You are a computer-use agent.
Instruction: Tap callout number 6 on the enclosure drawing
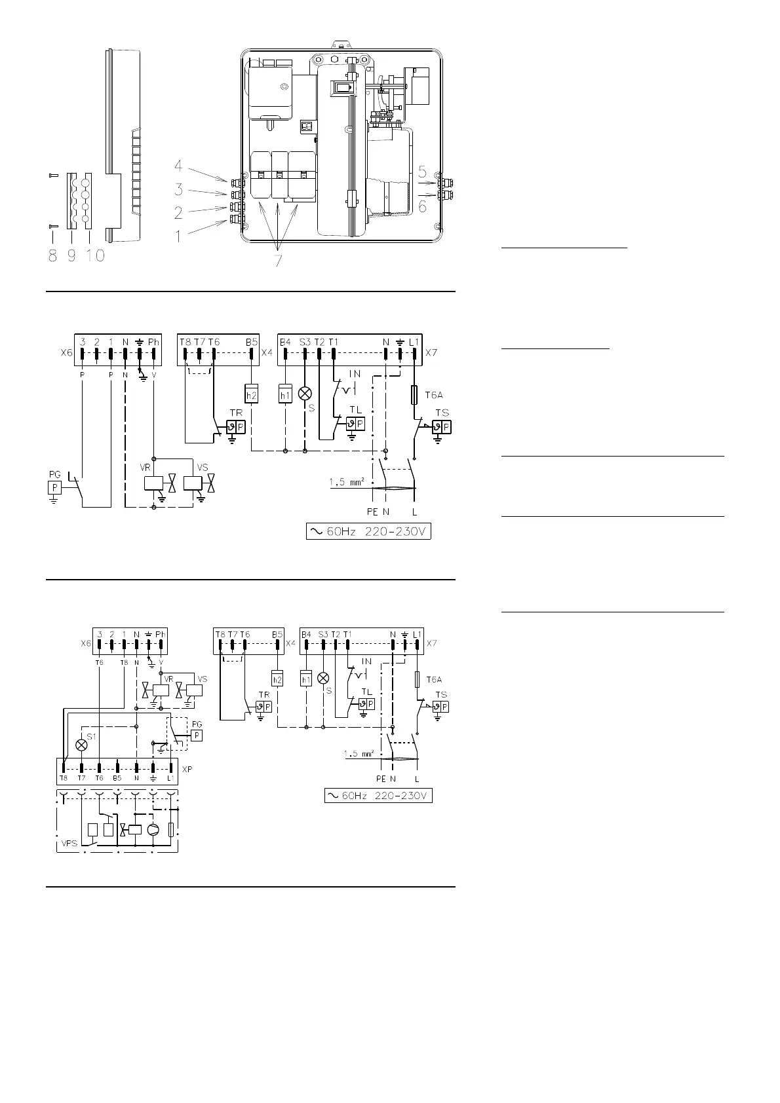(x=423, y=206)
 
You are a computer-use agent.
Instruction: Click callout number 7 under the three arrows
(x=279, y=260)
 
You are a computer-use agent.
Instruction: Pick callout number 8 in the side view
(x=52, y=255)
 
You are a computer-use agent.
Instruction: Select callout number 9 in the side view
(x=71, y=255)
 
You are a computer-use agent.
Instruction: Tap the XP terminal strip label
(x=187, y=769)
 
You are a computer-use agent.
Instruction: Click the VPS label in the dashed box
(x=69, y=844)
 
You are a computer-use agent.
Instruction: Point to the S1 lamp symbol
(x=81, y=745)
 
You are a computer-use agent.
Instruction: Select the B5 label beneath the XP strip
(x=117, y=779)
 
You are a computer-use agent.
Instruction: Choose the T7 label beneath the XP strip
(x=81, y=779)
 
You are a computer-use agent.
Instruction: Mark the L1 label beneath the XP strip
(x=171, y=779)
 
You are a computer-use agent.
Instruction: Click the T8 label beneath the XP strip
(x=63, y=779)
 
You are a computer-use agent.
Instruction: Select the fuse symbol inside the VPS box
(x=172, y=829)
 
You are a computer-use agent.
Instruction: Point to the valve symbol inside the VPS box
(x=123, y=829)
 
